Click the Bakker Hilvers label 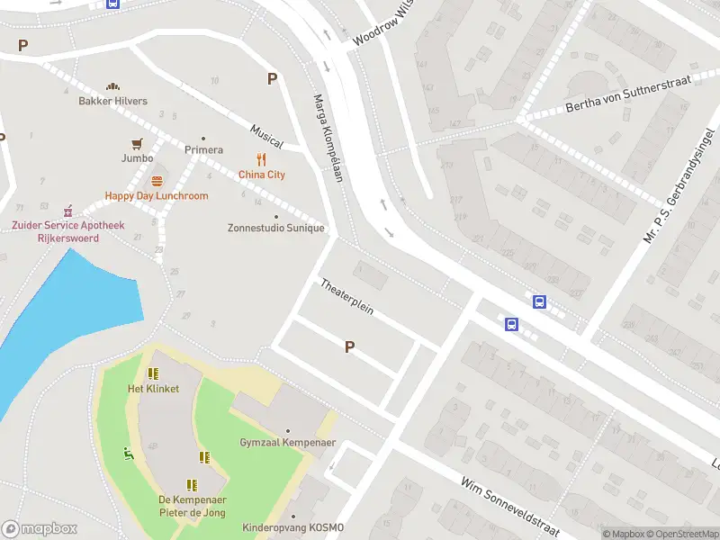tap(112, 101)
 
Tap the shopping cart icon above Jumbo tap(137, 143)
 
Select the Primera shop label tap(203, 149)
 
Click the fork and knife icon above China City tap(261, 160)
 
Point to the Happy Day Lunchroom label tap(157, 195)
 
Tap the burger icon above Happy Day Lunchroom tap(157, 181)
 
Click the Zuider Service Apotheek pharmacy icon tap(67, 211)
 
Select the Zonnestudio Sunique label tap(275, 228)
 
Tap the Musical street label tap(267, 137)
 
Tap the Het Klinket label tap(153, 389)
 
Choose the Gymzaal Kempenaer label tap(286, 443)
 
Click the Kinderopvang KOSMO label tap(292, 527)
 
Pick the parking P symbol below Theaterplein tap(349, 346)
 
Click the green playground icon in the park tap(129, 454)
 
